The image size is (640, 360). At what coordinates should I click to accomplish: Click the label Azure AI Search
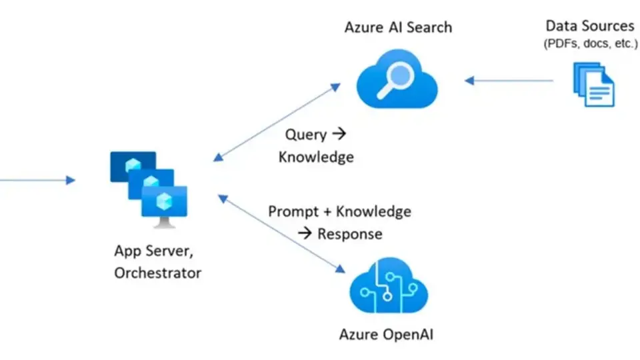point(398,27)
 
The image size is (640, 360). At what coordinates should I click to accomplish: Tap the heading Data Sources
point(589,26)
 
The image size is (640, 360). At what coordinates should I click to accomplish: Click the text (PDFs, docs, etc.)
point(590,44)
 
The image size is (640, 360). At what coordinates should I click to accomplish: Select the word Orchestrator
point(157,273)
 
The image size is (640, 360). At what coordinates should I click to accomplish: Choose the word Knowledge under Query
point(316,157)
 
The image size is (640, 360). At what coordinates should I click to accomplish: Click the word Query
point(306,135)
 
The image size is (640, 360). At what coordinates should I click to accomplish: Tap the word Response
point(349,234)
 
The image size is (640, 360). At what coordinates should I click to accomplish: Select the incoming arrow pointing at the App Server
point(37,179)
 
